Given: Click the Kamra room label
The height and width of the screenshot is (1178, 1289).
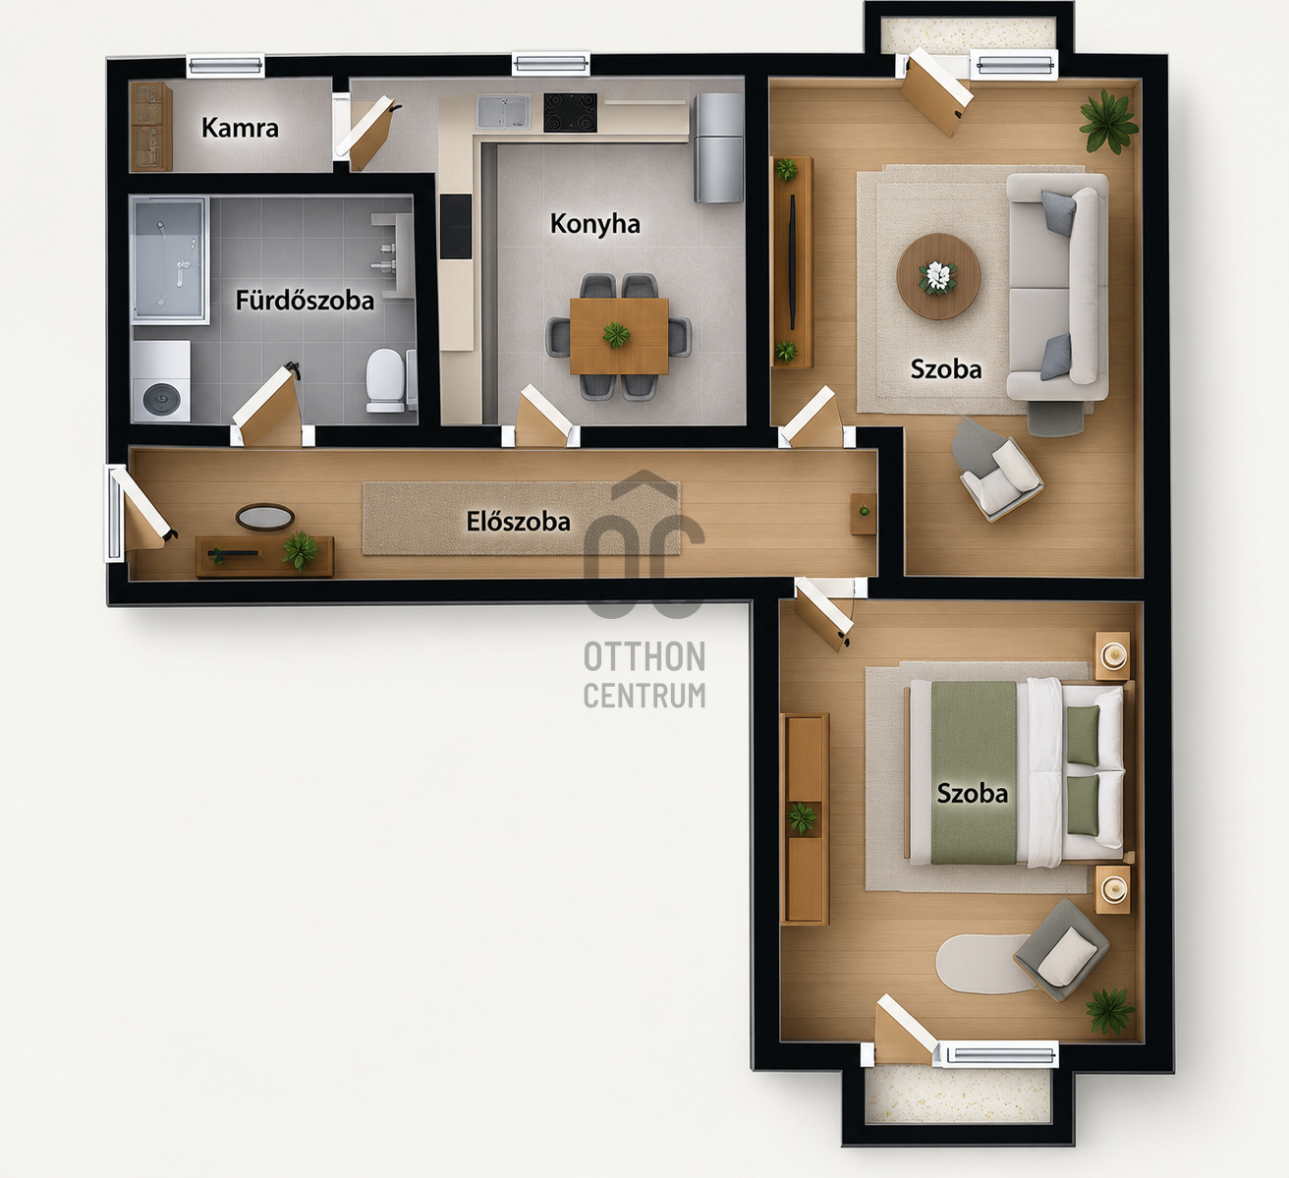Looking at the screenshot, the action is [x=240, y=128].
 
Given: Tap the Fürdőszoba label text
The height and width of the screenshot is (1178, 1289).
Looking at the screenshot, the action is [x=305, y=301].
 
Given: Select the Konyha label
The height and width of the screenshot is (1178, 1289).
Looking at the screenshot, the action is [x=595, y=224].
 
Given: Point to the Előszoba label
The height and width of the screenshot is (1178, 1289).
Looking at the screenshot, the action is [x=518, y=521].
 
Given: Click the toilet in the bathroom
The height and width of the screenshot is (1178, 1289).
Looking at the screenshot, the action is [x=386, y=380].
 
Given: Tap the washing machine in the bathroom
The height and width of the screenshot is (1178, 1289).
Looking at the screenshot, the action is [x=161, y=382].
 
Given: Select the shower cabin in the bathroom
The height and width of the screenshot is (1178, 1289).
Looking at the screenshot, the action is [x=170, y=260].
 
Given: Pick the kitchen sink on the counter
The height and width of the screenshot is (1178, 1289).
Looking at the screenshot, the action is [x=503, y=111].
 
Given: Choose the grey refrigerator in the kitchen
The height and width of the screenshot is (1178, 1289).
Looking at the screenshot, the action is [x=718, y=147].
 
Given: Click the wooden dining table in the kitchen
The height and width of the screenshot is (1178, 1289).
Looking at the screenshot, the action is [x=619, y=336].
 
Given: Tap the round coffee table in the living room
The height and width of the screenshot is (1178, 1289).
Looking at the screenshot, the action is [x=938, y=276].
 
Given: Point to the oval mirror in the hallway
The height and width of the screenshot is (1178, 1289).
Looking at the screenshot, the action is [x=264, y=517].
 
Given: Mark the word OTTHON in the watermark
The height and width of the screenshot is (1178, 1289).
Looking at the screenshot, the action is [x=644, y=656].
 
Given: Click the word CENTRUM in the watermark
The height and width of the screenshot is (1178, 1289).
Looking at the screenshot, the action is [x=644, y=696].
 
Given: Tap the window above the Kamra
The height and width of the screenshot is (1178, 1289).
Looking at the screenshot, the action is [x=226, y=66].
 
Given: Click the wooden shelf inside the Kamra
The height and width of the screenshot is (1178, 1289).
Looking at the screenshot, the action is [x=151, y=127].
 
